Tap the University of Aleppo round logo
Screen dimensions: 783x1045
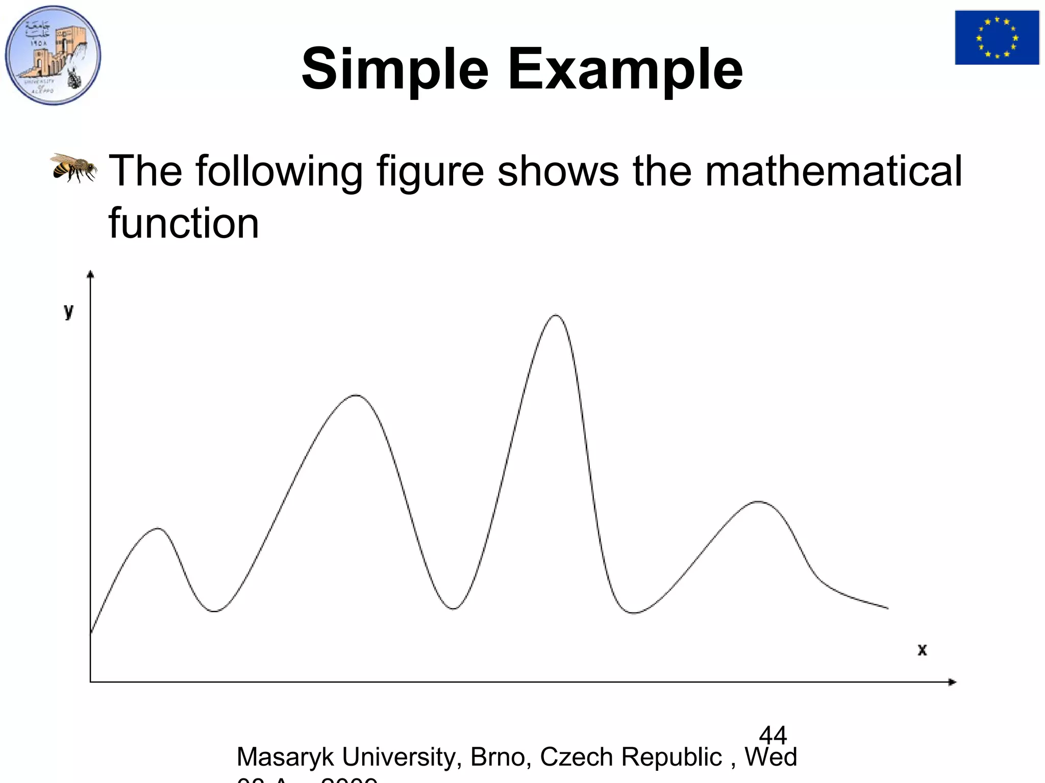coord(53,55)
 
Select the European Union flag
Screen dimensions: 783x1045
coord(997,38)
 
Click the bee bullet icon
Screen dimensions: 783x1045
coord(73,167)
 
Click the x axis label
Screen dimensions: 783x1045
coord(922,650)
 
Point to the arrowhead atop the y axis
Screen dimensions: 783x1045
coord(90,274)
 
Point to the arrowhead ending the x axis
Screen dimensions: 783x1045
coord(952,682)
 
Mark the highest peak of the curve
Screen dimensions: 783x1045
coord(555,316)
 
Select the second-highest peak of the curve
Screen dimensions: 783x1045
coord(356,395)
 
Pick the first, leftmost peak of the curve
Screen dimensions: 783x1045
coord(159,528)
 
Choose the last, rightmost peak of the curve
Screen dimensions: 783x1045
coord(759,502)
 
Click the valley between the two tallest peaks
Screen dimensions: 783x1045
coord(453,608)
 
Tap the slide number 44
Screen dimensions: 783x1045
coord(773,735)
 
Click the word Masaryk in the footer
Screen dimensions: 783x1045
coord(285,757)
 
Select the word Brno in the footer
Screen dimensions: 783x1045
coord(497,757)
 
